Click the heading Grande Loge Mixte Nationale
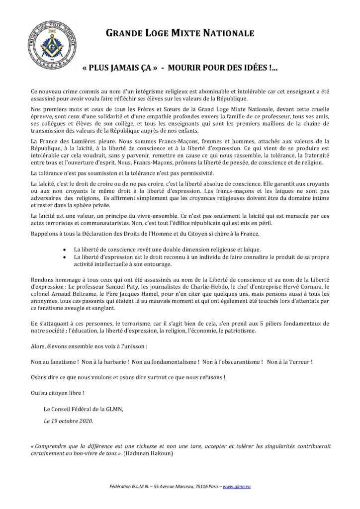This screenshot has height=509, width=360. pyautogui.click(x=180, y=34)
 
